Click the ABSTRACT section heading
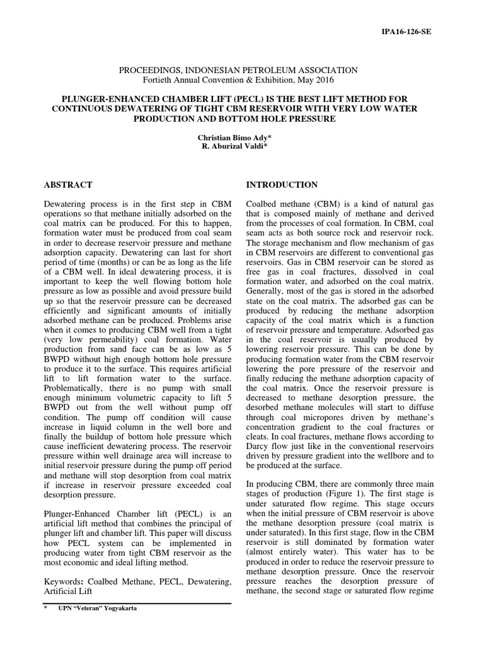coord(68,185)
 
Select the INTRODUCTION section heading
coord(281,185)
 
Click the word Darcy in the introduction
coord(256,446)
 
